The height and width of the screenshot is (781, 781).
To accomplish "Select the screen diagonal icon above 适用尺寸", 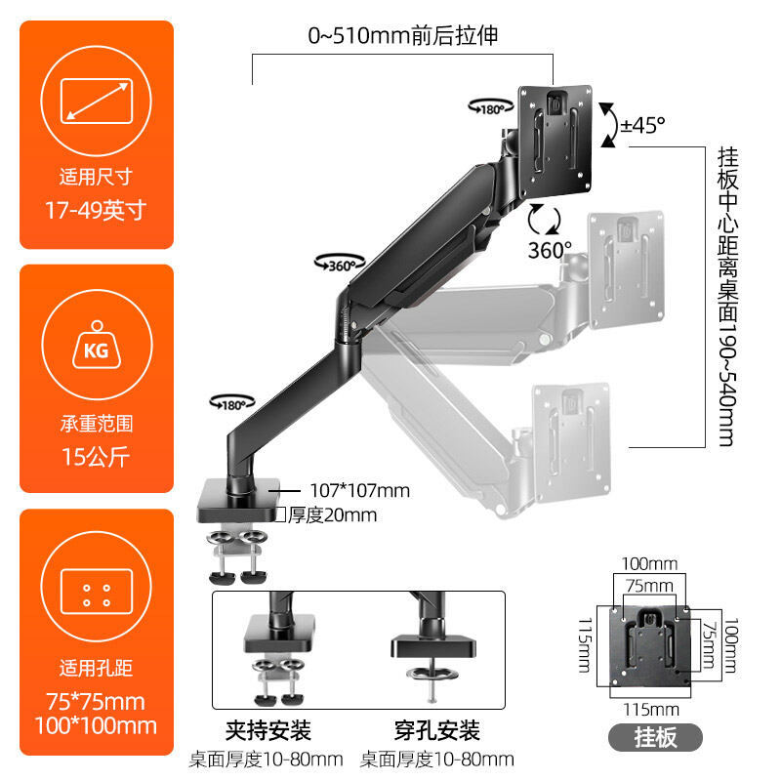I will coord(96,102).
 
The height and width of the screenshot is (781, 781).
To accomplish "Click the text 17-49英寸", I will coord(96,210).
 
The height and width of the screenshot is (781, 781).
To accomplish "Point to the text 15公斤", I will coord(96,455).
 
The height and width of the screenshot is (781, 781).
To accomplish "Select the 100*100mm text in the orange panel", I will coord(96,725).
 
